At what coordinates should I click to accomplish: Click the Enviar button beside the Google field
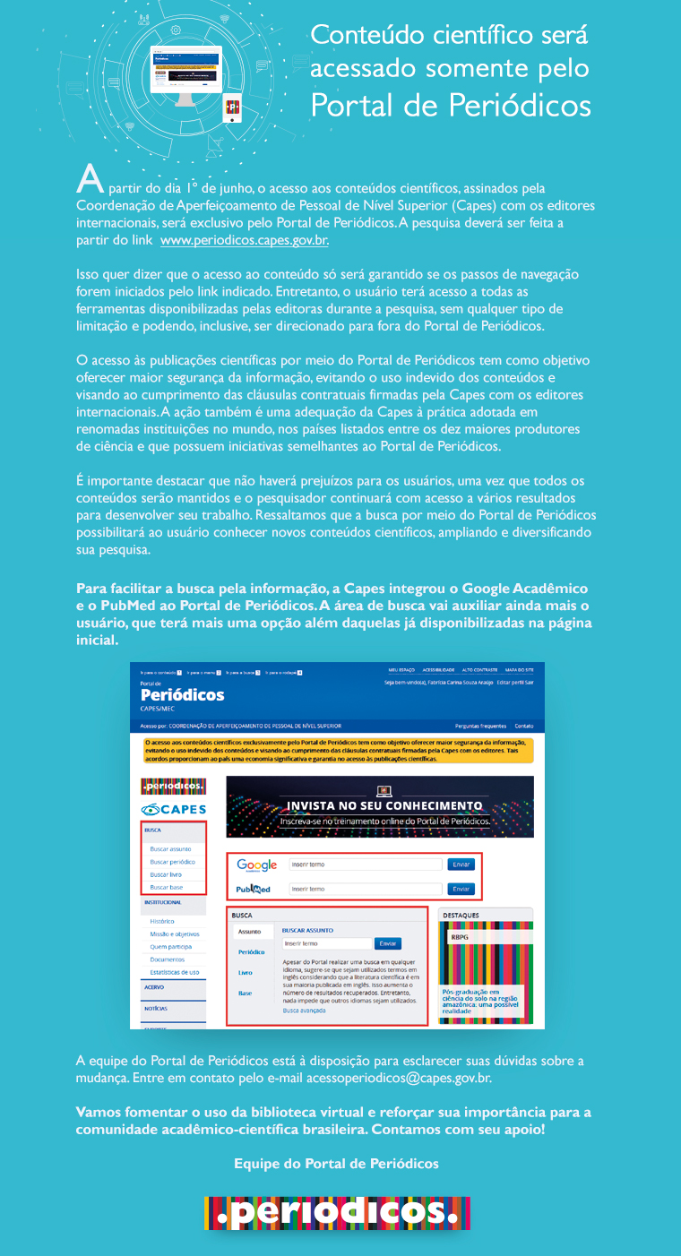click(x=461, y=865)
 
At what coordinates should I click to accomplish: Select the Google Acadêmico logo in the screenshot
click(x=257, y=865)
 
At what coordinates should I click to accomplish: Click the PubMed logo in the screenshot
click(x=254, y=890)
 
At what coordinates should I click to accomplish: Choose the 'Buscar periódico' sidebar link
click(x=173, y=861)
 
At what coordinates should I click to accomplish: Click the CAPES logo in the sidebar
click(x=173, y=810)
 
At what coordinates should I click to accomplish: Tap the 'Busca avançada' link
click(x=305, y=1011)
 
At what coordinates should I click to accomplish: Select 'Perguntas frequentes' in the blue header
click(x=480, y=726)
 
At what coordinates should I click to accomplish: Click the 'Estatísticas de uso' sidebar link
click(x=175, y=972)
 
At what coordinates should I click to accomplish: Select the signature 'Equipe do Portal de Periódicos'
click(x=336, y=1164)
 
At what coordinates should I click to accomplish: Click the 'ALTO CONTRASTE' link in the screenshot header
click(x=481, y=669)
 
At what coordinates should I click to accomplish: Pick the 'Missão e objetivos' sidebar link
click(x=175, y=933)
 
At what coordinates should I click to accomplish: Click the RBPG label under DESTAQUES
click(x=460, y=936)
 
